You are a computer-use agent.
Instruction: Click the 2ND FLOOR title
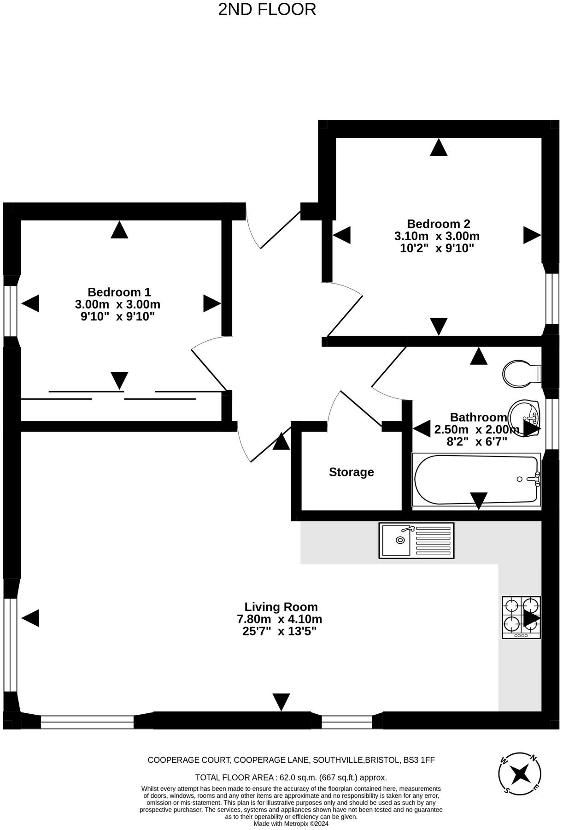[267, 10]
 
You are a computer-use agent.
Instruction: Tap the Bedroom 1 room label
[119, 292]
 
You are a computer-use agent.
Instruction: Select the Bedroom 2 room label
[438, 224]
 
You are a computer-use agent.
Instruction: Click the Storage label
[351, 472]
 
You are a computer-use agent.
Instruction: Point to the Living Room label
[281, 607]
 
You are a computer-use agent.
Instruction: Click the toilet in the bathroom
[521, 374]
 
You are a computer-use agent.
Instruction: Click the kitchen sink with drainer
[416, 540]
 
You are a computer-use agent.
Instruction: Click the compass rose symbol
[520, 775]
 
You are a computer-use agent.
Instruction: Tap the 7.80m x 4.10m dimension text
[280, 619]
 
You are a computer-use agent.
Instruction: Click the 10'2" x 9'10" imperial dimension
[437, 248]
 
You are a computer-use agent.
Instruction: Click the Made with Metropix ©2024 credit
[291, 824]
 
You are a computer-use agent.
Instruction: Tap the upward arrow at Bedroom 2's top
[439, 148]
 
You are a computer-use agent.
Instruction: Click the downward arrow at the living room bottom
[281, 702]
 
